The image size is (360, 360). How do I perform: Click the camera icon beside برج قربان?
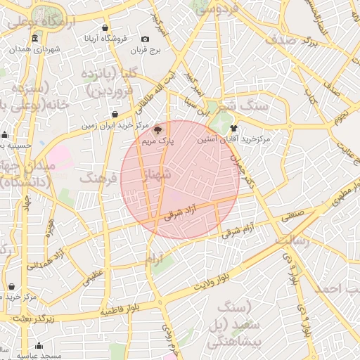coord(145,39)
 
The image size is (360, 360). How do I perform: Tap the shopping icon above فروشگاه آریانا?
coord(105,28)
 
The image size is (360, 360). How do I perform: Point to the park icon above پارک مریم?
coord(157,129)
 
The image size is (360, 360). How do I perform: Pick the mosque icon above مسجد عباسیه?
coord(39,346)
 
